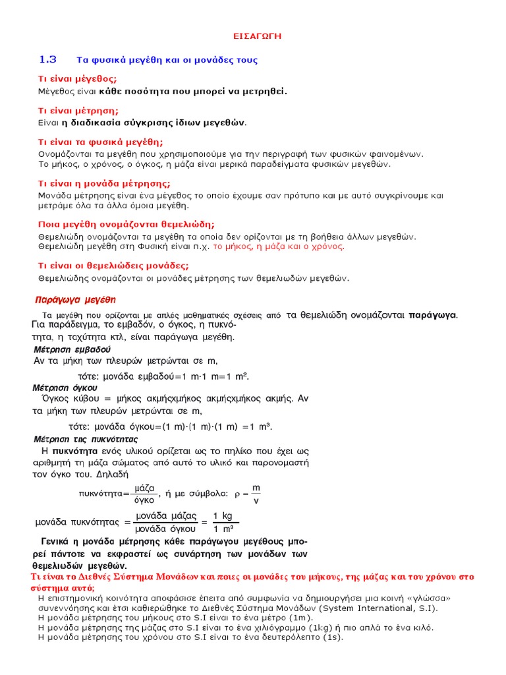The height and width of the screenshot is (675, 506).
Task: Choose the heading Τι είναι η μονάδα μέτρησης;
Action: pyautogui.click(x=104, y=183)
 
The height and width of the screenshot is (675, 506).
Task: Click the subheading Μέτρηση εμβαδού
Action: pyautogui.click(x=72, y=349)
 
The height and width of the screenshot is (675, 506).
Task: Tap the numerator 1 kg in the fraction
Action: pyautogui.click(x=223, y=515)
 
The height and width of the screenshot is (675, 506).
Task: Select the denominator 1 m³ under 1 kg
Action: pyautogui.click(x=223, y=529)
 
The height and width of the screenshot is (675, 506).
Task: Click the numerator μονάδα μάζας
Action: pyautogui.click(x=167, y=515)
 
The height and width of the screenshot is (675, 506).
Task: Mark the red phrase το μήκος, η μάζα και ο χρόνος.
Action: pyautogui.click(x=287, y=247)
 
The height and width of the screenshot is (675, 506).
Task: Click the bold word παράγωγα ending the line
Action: pyautogui.click(x=432, y=314)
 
